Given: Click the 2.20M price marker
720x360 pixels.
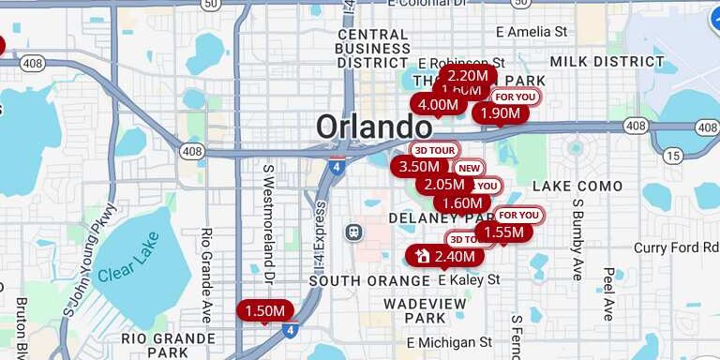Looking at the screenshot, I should click(467, 75).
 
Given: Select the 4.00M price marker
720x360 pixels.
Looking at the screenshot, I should click(438, 104).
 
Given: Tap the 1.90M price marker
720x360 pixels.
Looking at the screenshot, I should click(500, 112).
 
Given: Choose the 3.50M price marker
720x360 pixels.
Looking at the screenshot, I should click(419, 166).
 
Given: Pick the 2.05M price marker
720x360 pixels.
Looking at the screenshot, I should click(444, 185).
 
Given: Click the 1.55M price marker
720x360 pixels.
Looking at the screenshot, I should click(503, 232).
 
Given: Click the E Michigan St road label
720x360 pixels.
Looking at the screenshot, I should click(450, 342).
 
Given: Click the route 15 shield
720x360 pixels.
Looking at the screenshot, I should click(672, 155).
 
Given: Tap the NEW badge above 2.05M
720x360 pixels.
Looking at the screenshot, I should click(468, 168).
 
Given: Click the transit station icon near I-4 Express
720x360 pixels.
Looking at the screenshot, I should click(353, 231).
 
